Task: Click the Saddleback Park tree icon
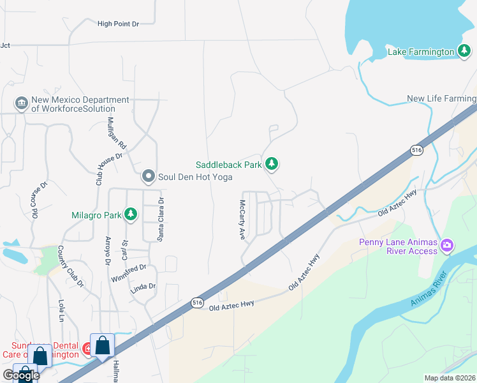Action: pos(272,165)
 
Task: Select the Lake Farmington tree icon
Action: pos(464,52)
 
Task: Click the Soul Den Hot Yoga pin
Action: pos(149,176)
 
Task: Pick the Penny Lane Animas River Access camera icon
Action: pos(447,245)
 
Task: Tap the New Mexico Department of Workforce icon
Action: pos(21,103)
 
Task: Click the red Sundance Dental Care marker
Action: pos(88,349)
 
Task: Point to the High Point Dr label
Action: pos(118,24)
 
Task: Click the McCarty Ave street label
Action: pos(242,220)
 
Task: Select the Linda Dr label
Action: pos(143,287)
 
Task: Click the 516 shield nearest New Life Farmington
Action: pos(416,149)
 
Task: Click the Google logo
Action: pos(20,375)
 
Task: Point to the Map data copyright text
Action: pos(450,378)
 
